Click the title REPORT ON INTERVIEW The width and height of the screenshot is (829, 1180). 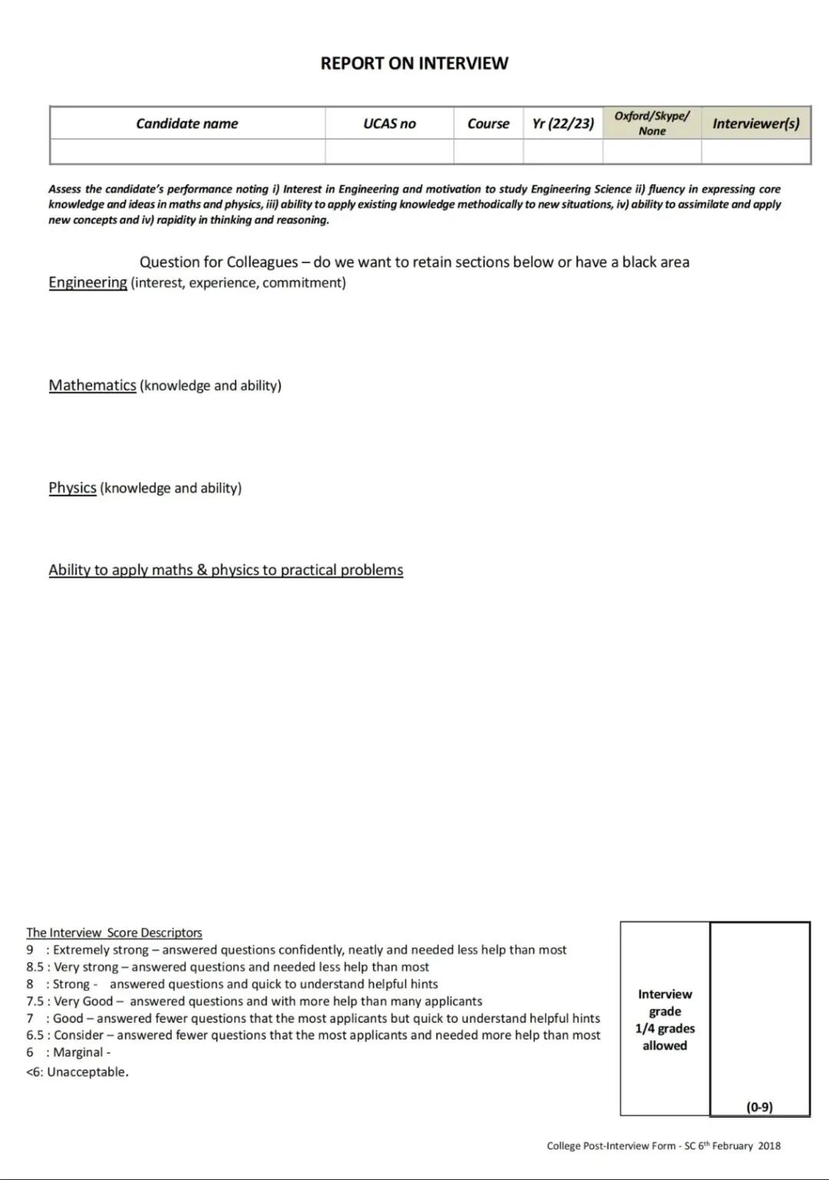tap(414, 64)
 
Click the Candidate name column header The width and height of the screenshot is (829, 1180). tap(187, 124)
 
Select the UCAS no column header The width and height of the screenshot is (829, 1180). tap(389, 124)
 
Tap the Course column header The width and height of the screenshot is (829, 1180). tap(488, 124)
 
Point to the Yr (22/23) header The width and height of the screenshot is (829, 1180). tap(563, 124)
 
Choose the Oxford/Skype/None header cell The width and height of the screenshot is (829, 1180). tap(652, 123)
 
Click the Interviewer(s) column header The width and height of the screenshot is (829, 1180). tap(755, 124)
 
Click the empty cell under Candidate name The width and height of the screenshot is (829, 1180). tap(187, 151)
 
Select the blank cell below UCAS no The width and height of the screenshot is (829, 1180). tap(389, 151)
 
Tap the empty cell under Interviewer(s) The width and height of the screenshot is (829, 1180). tap(755, 151)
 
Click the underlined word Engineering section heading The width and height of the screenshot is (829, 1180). tap(88, 282)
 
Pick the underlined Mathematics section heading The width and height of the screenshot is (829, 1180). tap(92, 385)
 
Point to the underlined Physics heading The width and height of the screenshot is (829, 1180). tap(72, 488)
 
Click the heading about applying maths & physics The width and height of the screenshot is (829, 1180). tap(226, 570)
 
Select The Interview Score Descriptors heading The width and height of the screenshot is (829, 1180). tap(114, 933)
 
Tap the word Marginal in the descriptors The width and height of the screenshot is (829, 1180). tap(78, 1053)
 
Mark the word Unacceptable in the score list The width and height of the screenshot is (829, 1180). tap(87, 1072)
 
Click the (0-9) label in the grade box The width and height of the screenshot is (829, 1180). tap(759, 1106)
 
